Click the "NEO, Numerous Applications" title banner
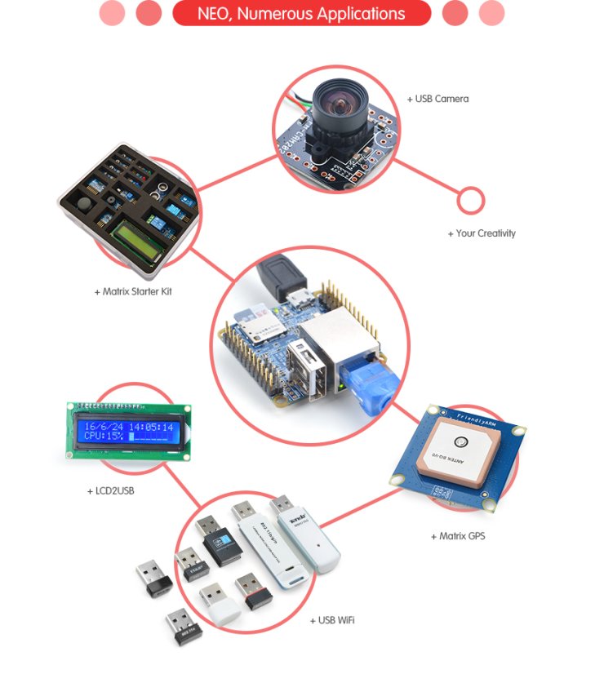tap(301, 14)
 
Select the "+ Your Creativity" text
tap(482, 233)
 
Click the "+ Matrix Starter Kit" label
tap(133, 291)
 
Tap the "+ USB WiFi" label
tap(332, 620)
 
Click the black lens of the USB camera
tap(336, 105)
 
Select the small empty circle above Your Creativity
tap(471, 201)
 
